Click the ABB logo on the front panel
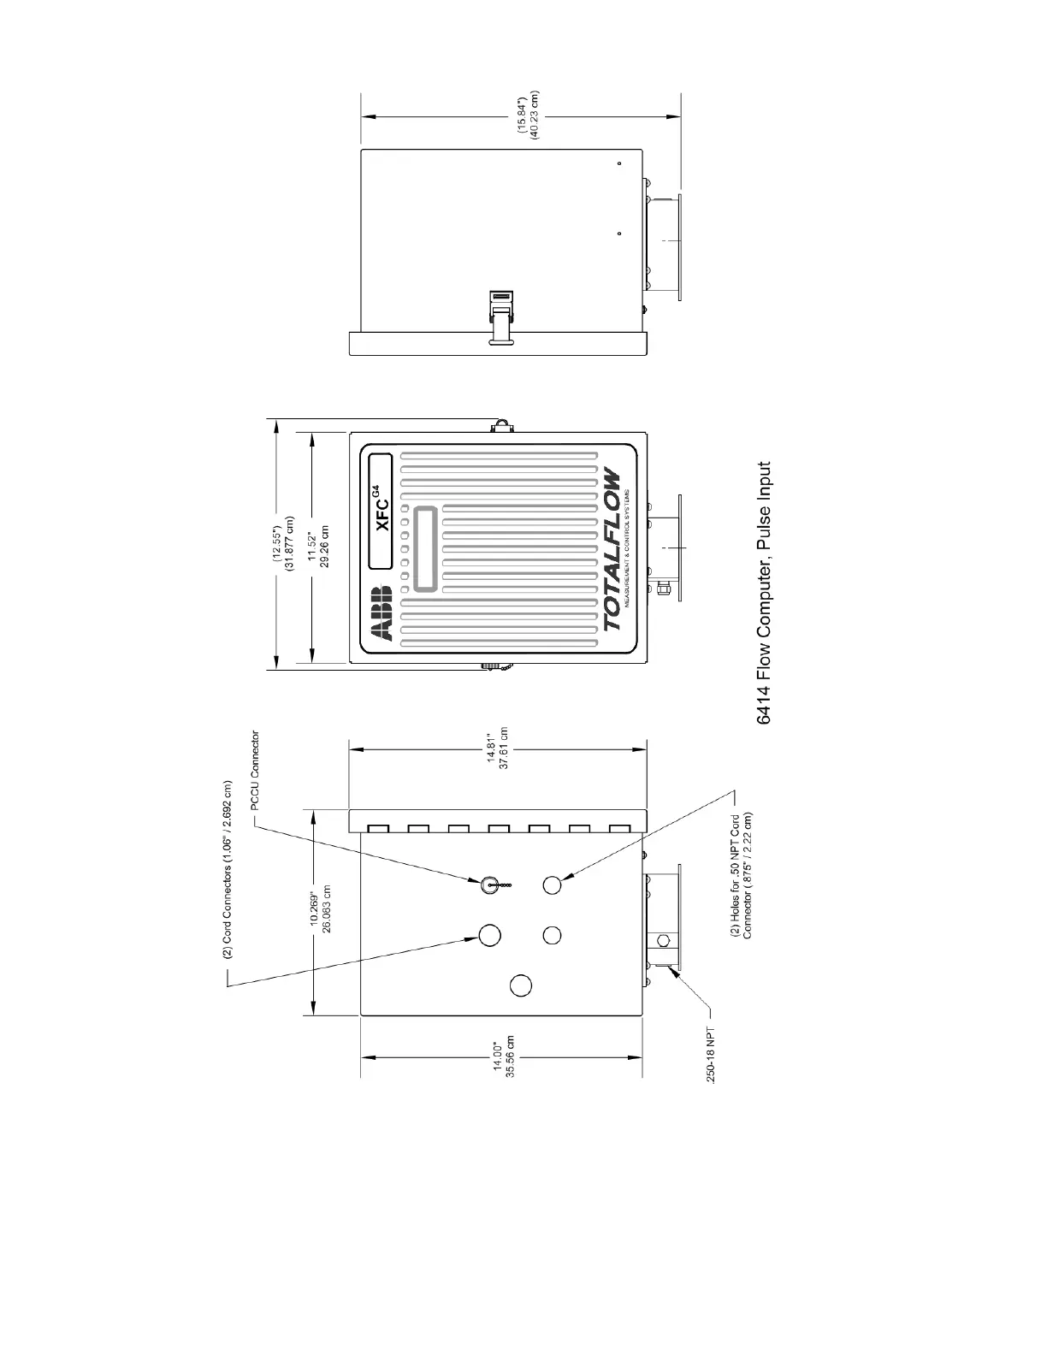pyautogui.click(x=381, y=613)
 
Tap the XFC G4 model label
pyautogui.click(x=382, y=511)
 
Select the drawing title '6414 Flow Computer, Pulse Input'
pyautogui.click(x=765, y=593)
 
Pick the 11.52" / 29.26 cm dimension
pyautogui.click(x=319, y=541)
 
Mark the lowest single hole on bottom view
pyautogui.click(x=520, y=986)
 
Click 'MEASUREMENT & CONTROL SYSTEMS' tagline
pyautogui.click(x=629, y=548)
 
